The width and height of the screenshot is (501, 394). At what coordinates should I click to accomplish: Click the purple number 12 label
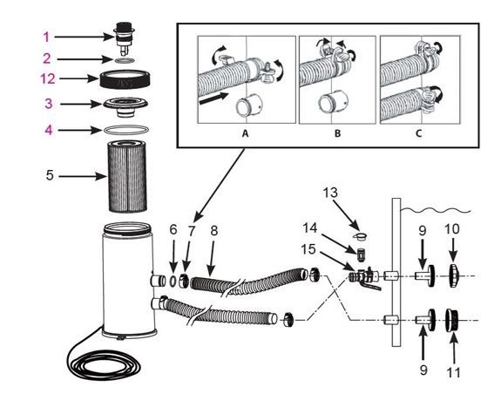48,78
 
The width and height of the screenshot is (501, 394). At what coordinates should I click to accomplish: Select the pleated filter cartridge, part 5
127,176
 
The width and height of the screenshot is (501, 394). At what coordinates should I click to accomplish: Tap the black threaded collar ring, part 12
125,79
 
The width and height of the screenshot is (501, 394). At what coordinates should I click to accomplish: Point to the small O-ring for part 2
125,60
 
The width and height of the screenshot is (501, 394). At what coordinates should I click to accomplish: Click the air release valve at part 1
125,37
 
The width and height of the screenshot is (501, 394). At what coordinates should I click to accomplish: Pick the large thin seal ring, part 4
126,130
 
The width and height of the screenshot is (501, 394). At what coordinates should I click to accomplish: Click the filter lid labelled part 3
125,106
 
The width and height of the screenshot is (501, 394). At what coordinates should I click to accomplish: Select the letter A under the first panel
245,133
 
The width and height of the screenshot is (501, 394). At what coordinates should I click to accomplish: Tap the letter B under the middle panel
337,133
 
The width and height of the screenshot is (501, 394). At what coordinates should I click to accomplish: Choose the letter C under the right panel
419,133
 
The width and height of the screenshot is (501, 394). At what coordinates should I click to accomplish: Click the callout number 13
329,193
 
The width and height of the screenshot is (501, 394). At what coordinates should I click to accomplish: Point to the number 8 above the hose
213,231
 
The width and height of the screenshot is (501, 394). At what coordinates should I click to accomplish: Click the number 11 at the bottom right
453,373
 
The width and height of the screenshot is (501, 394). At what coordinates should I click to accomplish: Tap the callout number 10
452,229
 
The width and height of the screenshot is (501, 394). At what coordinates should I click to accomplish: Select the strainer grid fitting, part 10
454,275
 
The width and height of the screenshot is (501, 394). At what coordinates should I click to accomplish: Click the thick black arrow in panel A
213,98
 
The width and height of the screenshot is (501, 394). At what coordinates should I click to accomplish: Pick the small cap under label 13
361,237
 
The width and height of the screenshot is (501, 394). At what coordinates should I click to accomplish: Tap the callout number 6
173,229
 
